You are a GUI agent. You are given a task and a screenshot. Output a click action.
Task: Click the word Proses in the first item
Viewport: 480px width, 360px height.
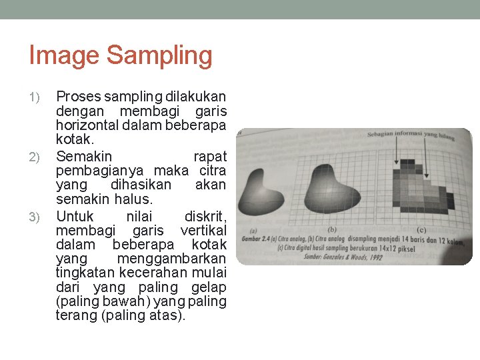(78, 97)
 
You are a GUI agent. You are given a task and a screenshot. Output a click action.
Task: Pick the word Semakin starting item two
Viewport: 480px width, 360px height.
(84, 157)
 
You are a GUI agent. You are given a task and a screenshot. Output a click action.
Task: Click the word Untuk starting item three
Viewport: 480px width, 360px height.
(75, 216)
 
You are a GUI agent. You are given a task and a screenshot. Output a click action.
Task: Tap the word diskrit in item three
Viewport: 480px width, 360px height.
(205, 216)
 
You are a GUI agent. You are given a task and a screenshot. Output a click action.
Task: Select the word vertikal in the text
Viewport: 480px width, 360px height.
(203, 231)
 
